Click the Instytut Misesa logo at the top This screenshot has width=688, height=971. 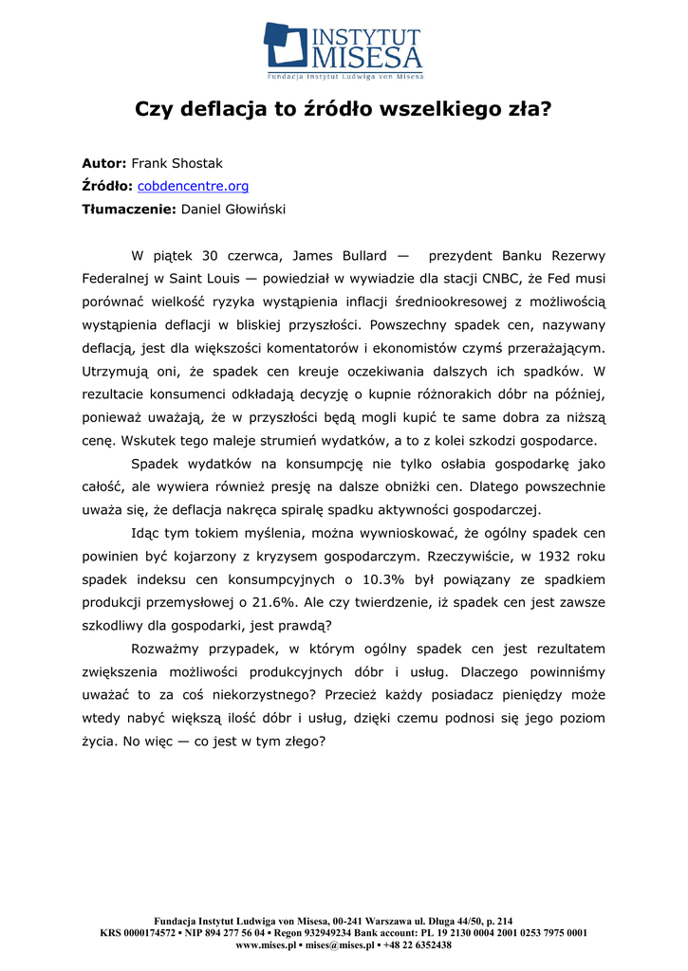(x=344, y=49)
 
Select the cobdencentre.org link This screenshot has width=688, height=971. (x=194, y=186)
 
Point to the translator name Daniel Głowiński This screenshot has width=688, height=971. (x=233, y=209)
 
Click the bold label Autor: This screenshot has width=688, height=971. (x=104, y=163)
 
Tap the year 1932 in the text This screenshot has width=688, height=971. (x=548, y=556)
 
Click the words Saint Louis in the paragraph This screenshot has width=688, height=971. (x=203, y=279)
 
